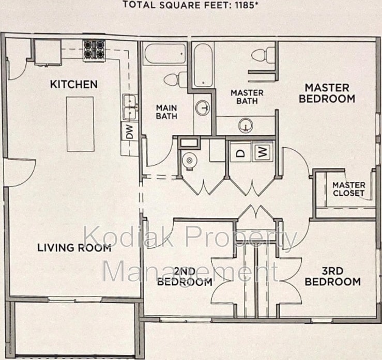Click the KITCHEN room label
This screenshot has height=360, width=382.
click(74, 84)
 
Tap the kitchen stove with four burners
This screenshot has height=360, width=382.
click(94, 51)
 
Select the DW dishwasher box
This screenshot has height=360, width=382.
click(130, 131)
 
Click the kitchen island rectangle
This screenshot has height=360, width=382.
click(80, 124)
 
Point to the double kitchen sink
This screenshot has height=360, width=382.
click(130, 107)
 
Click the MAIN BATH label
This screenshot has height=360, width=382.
click(166, 112)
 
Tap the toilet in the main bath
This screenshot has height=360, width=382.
click(175, 80)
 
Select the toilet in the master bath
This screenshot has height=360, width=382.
click(263, 55)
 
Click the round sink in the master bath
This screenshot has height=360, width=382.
click(246, 126)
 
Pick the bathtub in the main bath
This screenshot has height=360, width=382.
click(165, 54)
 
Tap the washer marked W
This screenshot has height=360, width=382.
click(263, 152)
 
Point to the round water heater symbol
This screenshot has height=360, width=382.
click(189, 161)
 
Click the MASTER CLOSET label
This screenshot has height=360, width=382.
click(348, 189)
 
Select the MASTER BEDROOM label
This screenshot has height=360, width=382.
click(327, 93)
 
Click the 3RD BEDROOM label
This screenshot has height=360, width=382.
click(332, 276)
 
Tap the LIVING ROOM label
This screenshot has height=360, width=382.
click(74, 248)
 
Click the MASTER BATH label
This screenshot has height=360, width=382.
click(247, 97)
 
